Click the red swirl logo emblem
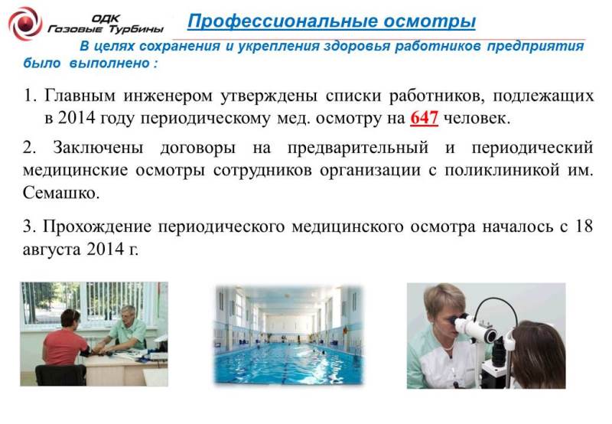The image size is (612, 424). [25, 24]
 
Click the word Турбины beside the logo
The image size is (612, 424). [136, 30]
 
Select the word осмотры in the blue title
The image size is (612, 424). [429, 22]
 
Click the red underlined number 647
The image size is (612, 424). [424, 118]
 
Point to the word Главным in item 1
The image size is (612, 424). [80, 95]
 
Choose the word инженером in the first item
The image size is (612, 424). [168, 96]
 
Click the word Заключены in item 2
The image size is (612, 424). [98, 148]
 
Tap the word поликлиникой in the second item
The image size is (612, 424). [503, 171]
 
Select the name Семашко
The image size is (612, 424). [61, 192]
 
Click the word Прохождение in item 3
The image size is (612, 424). [97, 227]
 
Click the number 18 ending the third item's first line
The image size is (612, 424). [584, 226]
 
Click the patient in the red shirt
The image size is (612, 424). [64, 339]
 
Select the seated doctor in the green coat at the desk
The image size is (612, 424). [124, 329]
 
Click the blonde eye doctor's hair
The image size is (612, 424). [443, 302]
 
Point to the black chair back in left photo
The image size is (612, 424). [61, 375]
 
